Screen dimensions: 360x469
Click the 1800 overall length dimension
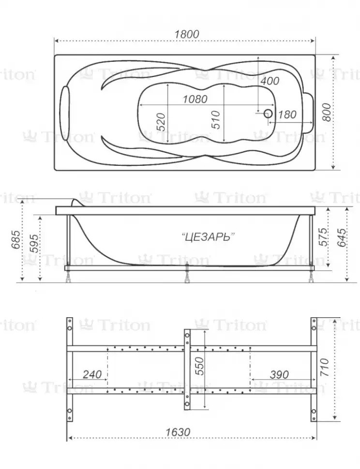187,34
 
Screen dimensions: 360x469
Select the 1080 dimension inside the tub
195,99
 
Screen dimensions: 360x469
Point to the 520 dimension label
161,121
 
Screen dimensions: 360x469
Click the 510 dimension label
215,119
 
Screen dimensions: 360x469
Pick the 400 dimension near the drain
270,81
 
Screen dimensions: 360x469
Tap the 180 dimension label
287,115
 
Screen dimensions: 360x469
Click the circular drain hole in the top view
268,113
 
